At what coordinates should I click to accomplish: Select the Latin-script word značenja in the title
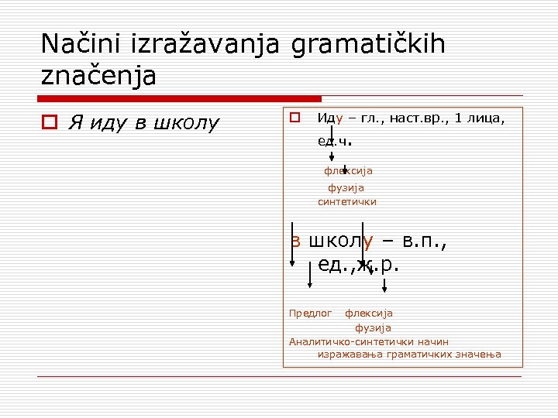click(x=98, y=76)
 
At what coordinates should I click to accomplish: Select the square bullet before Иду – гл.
click(x=294, y=118)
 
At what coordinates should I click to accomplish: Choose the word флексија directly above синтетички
click(x=348, y=171)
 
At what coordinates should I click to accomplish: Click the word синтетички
click(x=346, y=201)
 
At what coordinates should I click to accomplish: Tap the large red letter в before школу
click(x=295, y=241)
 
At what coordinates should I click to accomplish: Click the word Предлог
click(x=310, y=313)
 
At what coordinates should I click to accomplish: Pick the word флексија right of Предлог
click(x=369, y=313)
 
